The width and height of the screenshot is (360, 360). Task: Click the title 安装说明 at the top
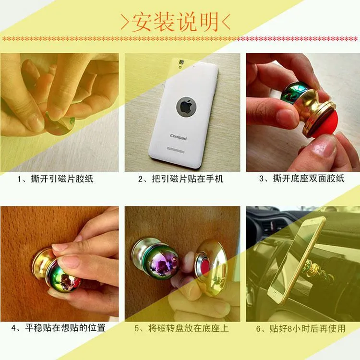click(x=175, y=22)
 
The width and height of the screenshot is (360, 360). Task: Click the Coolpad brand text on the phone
click(x=179, y=137)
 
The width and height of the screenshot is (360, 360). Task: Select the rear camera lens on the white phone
click(x=181, y=62)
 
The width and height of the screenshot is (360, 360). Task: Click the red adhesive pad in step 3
click(x=326, y=125)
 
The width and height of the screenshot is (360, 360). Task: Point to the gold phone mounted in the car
click(x=297, y=260)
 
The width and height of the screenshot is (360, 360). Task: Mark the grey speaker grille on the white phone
click(x=176, y=150)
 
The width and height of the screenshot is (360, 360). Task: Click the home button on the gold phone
click(x=274, y=295)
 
